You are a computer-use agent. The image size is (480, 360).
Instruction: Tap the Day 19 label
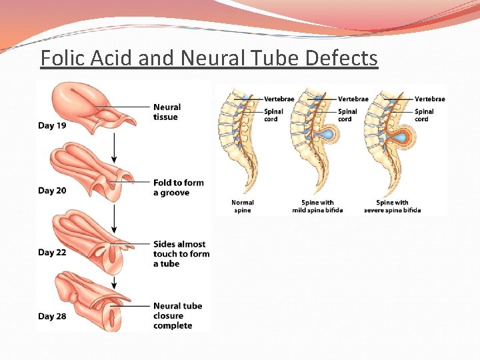52,125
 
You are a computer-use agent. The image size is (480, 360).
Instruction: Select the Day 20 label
52,191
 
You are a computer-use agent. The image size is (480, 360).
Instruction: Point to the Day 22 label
52,252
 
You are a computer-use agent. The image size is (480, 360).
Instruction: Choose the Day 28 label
52,316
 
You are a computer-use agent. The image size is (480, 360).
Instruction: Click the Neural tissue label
167,112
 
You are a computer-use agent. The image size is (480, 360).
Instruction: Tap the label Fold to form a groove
178,187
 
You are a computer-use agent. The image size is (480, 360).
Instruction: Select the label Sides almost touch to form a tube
181,254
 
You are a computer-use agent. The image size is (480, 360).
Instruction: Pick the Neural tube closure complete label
177,316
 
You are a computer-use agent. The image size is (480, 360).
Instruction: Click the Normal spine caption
243,207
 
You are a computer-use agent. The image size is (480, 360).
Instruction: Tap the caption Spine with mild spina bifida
317,207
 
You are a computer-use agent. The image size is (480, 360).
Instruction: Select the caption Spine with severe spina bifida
392,207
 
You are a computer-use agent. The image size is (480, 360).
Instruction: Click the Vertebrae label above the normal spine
279,99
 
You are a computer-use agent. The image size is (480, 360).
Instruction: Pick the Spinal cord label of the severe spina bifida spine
424,115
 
